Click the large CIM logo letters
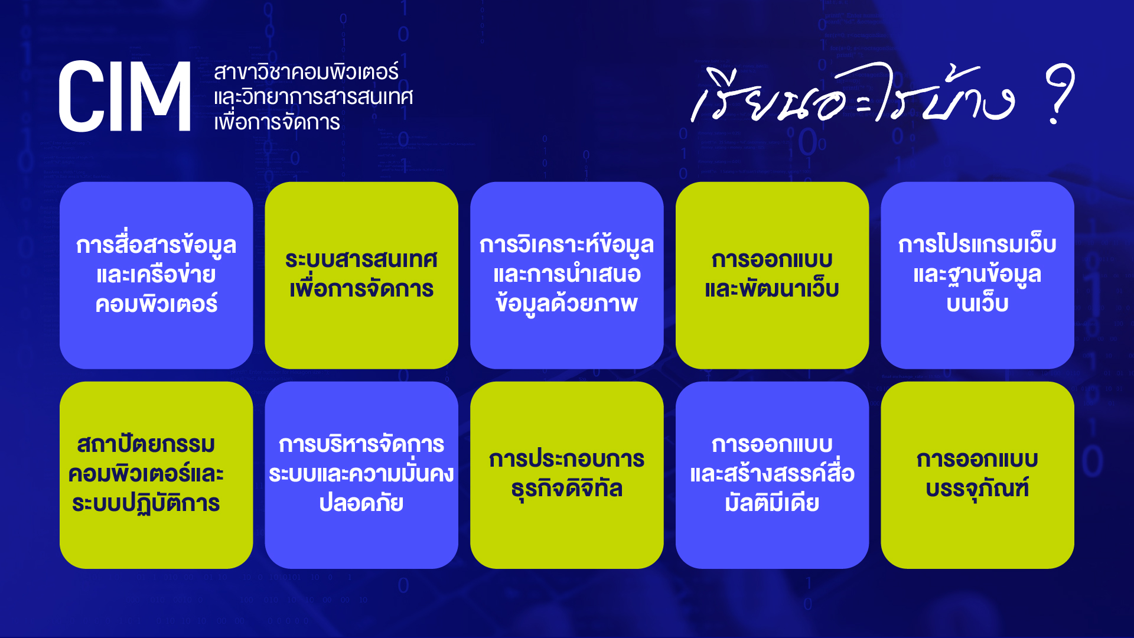tap(125, 96)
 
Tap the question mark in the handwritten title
tap(1060, 93)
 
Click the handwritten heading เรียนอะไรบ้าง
tap(853, 93)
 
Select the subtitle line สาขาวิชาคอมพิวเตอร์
tap(306, 71)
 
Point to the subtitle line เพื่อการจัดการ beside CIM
tap(277, 122)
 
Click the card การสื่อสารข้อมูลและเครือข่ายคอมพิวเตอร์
tap(157, 275)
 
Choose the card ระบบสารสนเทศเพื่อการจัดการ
tap(361, 275)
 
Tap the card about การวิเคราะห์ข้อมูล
tap(567, 275)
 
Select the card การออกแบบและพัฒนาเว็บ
tap(772, 275)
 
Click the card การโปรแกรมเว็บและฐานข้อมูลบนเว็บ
tap(977, 275)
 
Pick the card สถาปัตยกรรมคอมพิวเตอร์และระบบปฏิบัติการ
tap(157, 475)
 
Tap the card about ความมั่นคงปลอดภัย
tap(361, 475)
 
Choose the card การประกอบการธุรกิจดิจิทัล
tap(567, 475)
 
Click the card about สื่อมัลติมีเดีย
tap(772, 475)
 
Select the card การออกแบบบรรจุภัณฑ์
tap(977, 475)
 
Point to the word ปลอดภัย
tap(361, 502)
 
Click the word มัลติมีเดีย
tap(772, 502)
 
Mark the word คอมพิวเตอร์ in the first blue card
tap(157, 304)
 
